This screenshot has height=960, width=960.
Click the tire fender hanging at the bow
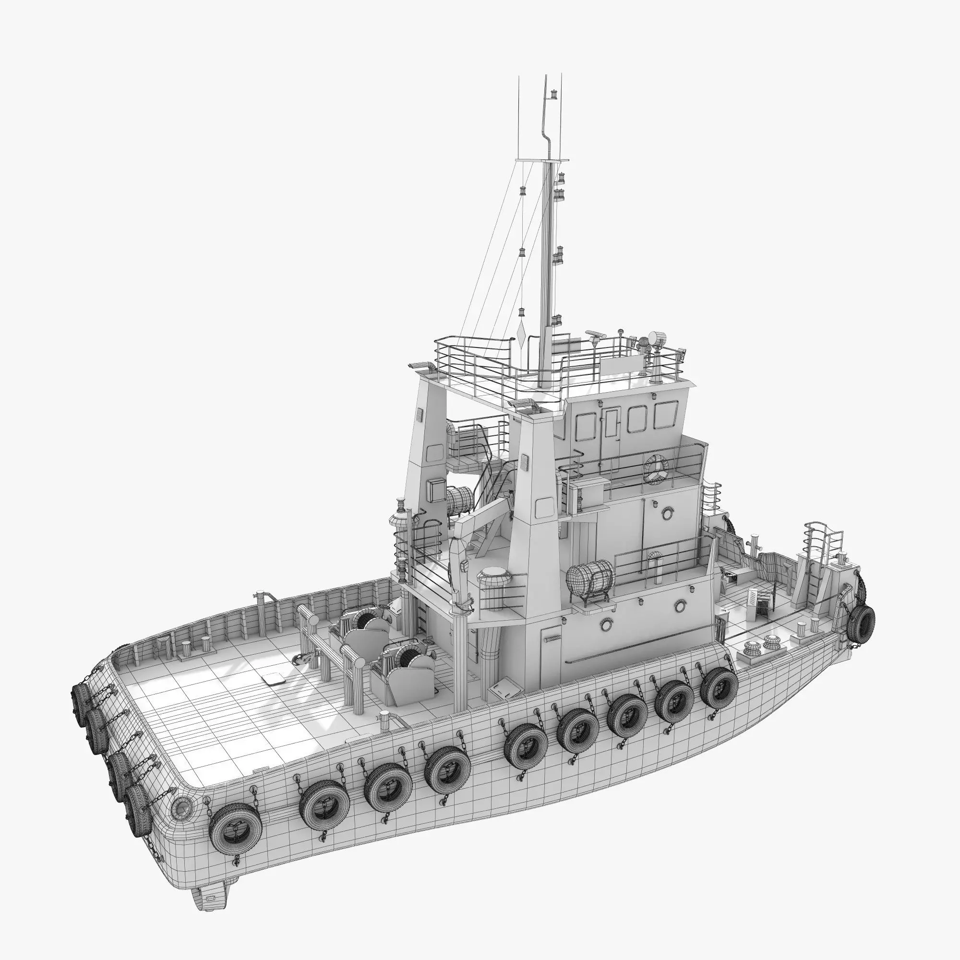(x=862, y=623)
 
